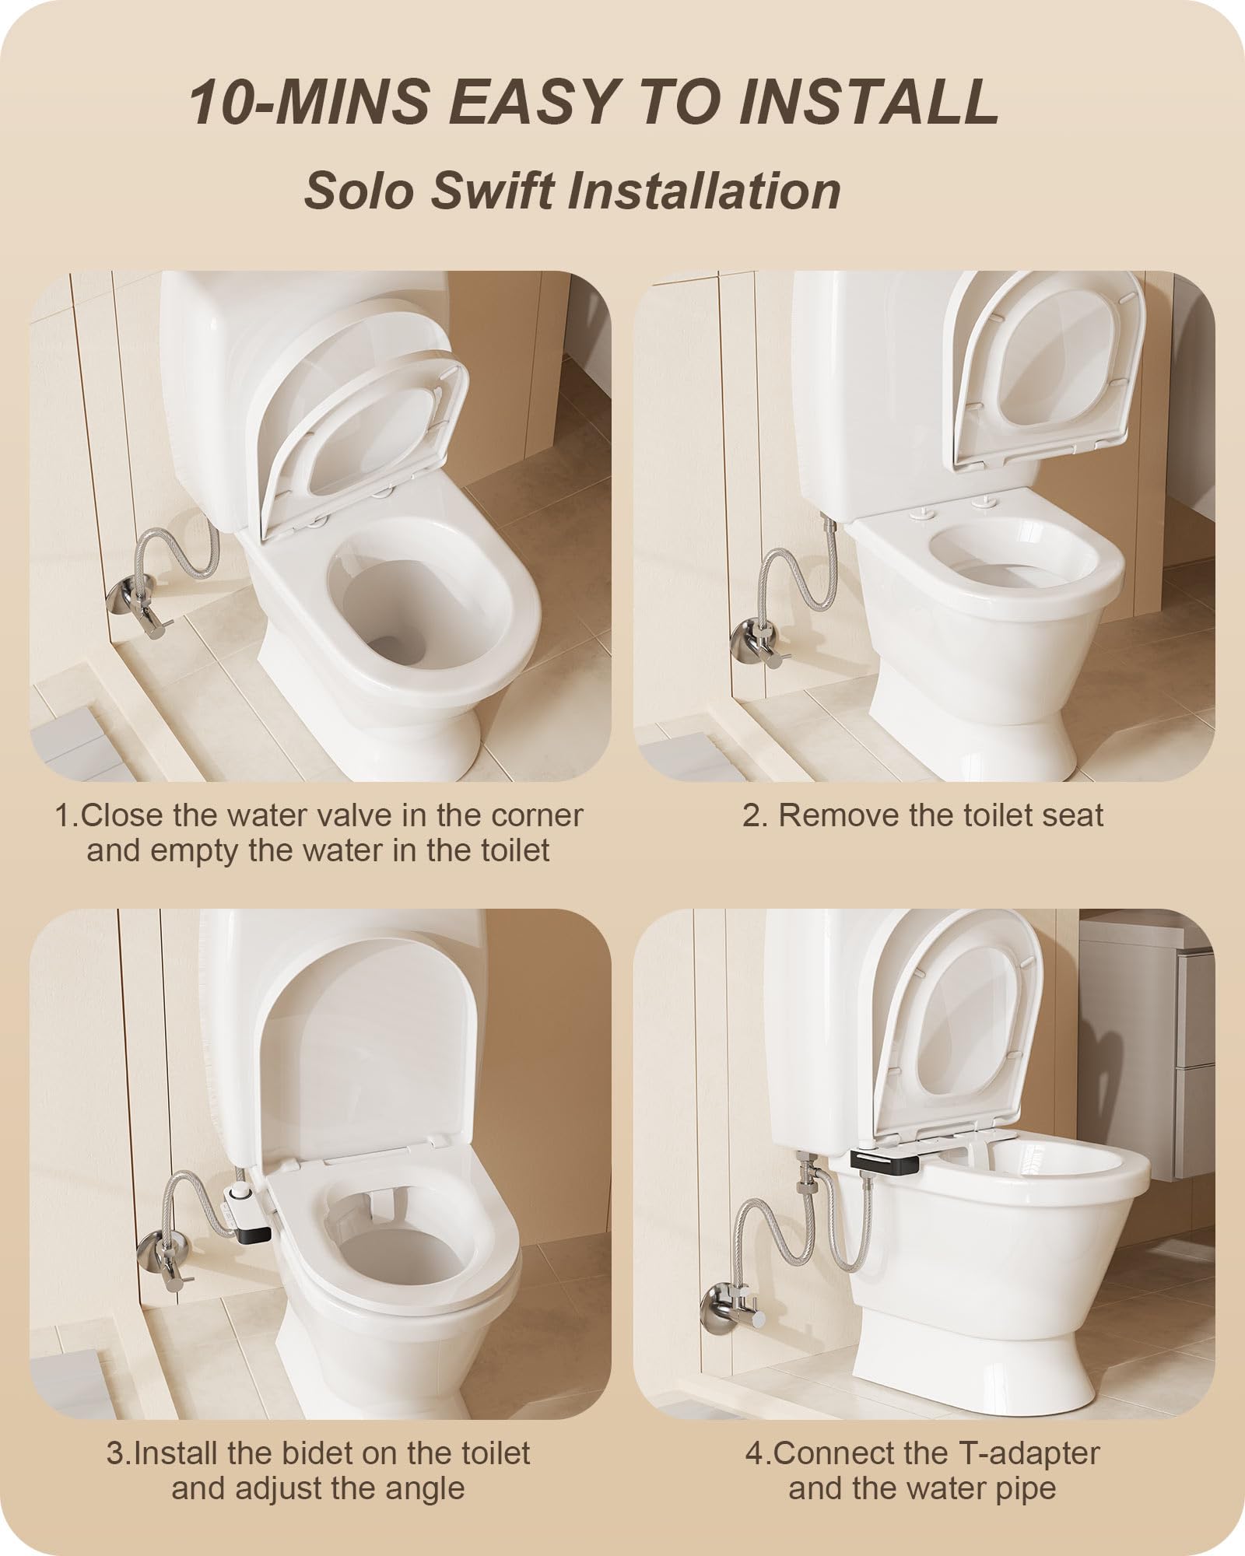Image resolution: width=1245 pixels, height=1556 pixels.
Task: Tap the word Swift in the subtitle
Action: pos(493,189)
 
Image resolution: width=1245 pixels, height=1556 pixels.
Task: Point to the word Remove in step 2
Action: pos(836,815)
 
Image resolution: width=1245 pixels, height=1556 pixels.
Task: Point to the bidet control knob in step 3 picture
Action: pos(238,1186)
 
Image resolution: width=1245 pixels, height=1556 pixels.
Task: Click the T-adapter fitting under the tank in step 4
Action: pos(808,1183)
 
